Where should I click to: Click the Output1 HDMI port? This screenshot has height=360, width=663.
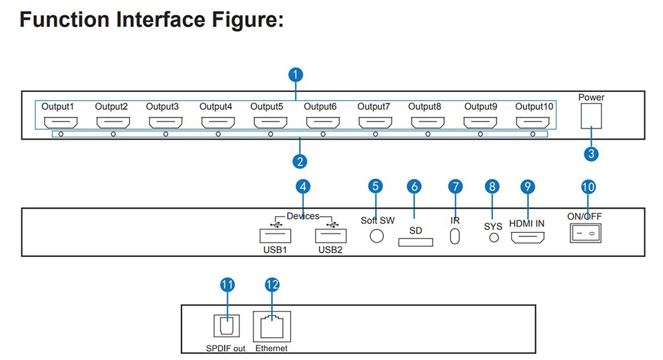pos(61,122)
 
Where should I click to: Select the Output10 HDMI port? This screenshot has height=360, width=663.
pos(532,122)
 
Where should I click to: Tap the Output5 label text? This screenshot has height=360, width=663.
pos(267,106)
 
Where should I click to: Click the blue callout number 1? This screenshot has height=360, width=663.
pos(296,75)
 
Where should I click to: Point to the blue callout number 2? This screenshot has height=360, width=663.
pos(300,161)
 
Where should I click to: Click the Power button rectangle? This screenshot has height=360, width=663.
pos(591,116)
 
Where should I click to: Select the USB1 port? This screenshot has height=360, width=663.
pos(276,236)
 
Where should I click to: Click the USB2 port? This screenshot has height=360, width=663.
pos(331,236)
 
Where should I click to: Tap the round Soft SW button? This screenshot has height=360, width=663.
pos(377,236)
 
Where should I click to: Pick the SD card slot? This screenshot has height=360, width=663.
pos(416,242)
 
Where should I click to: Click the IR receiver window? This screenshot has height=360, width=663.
pos(455,236)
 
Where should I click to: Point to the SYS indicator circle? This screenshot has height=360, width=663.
pos(494,238)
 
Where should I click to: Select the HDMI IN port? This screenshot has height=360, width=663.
pos(528,238)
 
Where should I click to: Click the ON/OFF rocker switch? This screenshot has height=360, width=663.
pos(586,233)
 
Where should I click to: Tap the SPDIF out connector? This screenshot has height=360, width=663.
pos(227,325)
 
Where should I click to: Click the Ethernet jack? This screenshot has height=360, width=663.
pos(272,327)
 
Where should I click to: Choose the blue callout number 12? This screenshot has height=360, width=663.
pos(272,285)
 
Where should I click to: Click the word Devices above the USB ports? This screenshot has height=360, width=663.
pos(303,216)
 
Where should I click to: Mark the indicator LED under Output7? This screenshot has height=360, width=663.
pos(376,134)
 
